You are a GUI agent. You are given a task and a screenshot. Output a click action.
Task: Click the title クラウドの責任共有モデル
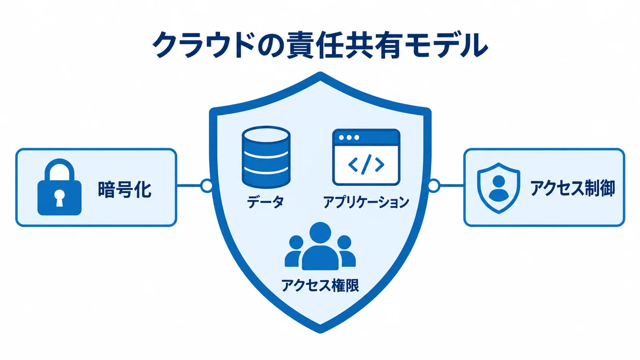click(320, 45)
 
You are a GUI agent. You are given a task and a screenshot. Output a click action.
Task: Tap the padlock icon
click(59, 187)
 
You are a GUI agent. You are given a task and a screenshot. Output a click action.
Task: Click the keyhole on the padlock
click(59, 197)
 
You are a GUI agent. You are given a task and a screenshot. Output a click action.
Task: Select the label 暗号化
click(124, 189)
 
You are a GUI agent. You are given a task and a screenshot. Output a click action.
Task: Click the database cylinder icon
click(266, 157)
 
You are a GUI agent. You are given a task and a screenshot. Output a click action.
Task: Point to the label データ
click(265, 202)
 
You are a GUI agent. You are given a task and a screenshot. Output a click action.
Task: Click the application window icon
click(366, 157)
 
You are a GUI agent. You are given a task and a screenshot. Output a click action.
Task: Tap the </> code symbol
click(366, 164)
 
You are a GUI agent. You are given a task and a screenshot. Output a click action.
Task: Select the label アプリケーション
click(366, 202)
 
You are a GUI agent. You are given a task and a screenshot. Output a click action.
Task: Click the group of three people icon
click(320, 246)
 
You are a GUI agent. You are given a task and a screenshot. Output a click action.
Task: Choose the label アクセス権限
click(320, 285)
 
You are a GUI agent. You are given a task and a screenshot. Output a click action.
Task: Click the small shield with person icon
click(499, 188)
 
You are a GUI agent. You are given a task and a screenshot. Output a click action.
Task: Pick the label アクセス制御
click(572, 189)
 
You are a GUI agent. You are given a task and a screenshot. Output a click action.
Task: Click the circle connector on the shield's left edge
click(206, 186)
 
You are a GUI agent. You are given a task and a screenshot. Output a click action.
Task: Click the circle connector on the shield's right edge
click(434, 186)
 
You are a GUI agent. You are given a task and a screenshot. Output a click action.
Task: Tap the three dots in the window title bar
click(349, 138)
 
